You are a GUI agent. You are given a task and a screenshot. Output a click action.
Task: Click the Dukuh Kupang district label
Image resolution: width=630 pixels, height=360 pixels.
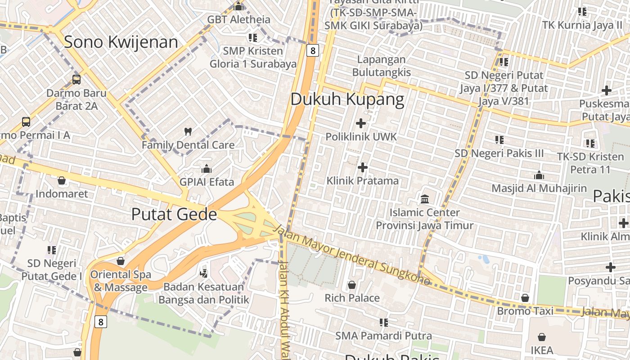347,99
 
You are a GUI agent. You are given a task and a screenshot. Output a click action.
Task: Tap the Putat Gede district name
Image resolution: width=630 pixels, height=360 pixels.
174,214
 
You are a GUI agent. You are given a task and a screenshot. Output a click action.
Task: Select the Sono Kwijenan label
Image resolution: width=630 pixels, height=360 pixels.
121,42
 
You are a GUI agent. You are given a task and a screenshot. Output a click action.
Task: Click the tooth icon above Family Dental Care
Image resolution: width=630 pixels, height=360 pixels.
188,132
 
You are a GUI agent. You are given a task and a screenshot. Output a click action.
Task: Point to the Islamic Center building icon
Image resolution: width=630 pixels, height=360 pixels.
425,199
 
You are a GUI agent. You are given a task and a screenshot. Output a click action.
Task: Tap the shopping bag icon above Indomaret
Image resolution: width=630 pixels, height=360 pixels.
62,180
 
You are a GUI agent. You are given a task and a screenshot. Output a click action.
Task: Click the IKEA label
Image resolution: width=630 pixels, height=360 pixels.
542,350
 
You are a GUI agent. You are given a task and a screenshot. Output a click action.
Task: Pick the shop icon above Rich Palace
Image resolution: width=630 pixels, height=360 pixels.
352,285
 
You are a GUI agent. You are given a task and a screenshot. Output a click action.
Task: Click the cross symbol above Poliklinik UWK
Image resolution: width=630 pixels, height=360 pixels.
361,123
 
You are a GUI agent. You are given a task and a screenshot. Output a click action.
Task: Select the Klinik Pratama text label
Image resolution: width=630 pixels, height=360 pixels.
362,181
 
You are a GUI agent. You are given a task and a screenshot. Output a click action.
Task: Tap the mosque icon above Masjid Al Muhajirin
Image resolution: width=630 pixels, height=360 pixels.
539,175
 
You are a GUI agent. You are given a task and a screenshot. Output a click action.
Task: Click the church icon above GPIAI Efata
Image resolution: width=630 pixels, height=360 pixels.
207,169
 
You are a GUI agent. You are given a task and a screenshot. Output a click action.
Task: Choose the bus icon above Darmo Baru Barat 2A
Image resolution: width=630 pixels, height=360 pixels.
76,80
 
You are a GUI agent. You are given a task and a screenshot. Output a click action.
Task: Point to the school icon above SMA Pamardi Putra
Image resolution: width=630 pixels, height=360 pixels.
383,322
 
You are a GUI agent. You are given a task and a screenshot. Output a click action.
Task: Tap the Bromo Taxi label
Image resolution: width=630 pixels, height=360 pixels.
520,311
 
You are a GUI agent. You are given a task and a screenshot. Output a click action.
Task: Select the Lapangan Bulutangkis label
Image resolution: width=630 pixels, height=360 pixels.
382,66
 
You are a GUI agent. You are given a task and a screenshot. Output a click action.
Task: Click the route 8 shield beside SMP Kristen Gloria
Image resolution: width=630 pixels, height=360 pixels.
313,50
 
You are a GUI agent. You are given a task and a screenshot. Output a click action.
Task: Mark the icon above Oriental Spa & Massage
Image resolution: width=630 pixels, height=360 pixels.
120,261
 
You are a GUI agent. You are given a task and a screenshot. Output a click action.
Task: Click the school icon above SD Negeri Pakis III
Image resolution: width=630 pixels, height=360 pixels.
499,140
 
